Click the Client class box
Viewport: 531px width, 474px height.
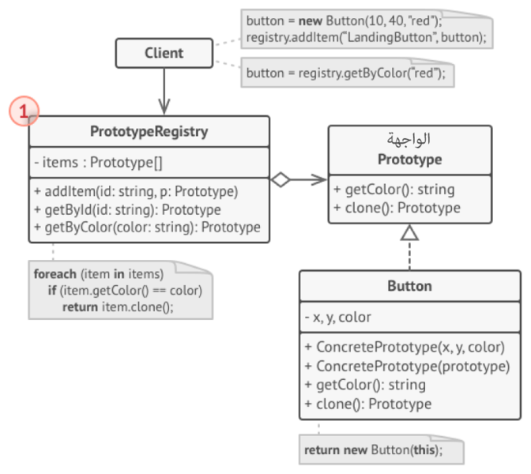click(x=164, y=53)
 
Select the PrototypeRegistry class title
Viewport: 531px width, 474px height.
click(x=149, y=132)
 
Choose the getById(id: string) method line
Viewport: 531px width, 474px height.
click(x=127, y=209)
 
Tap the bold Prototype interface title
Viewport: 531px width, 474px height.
click(x=409, y=159)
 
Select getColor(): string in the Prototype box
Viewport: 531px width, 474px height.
click(x=394, y=190)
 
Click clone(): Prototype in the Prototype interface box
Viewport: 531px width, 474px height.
click(x=397, y=208)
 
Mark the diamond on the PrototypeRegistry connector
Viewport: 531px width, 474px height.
click(x=280, y=180)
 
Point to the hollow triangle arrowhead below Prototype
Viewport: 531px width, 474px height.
click(x=409, y=233)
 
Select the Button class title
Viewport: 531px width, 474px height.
click(x=409, y=286)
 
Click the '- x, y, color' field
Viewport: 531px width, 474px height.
click(x=337, y=318)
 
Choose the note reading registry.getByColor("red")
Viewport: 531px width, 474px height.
click(x=345, y=73)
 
